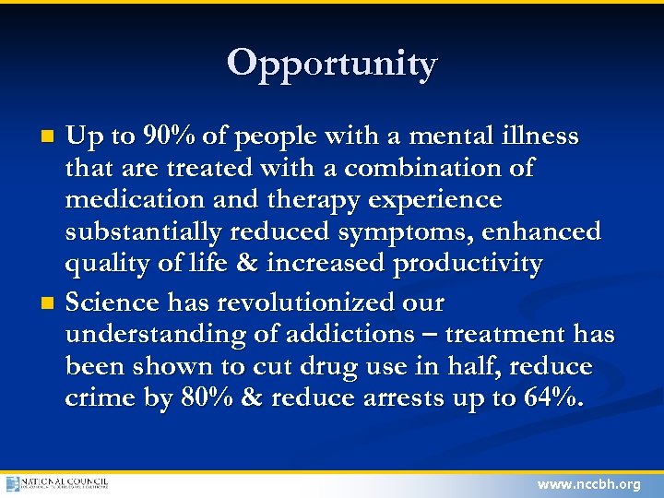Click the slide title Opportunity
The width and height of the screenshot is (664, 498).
(x=332, y=64)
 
